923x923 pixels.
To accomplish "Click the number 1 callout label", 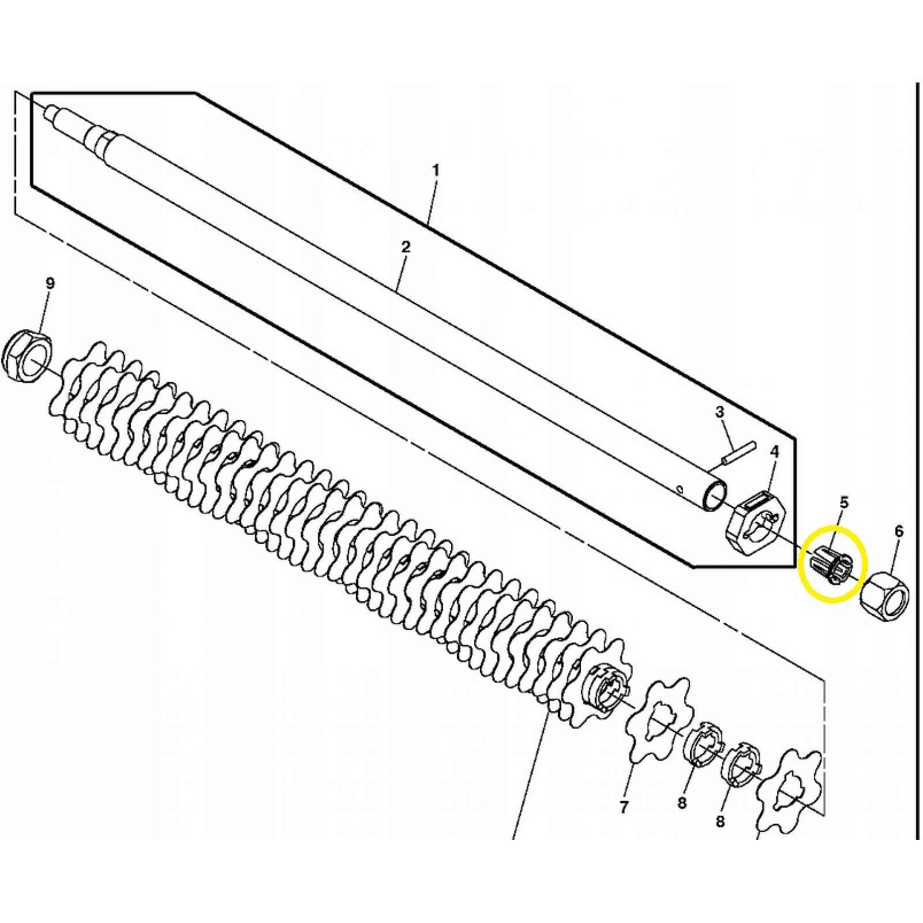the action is [x=436, y=171].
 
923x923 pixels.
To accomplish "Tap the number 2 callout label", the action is [x=406, y=247].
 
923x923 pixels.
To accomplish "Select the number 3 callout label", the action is [x=719, y=412].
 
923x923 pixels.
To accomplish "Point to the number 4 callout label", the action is [x=774, y=452].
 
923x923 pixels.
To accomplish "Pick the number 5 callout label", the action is [x=844, y=502].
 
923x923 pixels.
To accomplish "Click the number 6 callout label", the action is [x=899, y=531].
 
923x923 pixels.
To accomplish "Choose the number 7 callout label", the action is [x=624, y=807].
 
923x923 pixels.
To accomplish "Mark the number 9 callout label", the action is [x=50, y=283].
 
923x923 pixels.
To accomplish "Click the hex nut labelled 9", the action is [x=28, y=354].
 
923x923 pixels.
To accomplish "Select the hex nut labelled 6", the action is [x=884, y=596].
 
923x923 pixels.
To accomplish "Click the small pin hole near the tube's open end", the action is [x=680, y=490].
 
